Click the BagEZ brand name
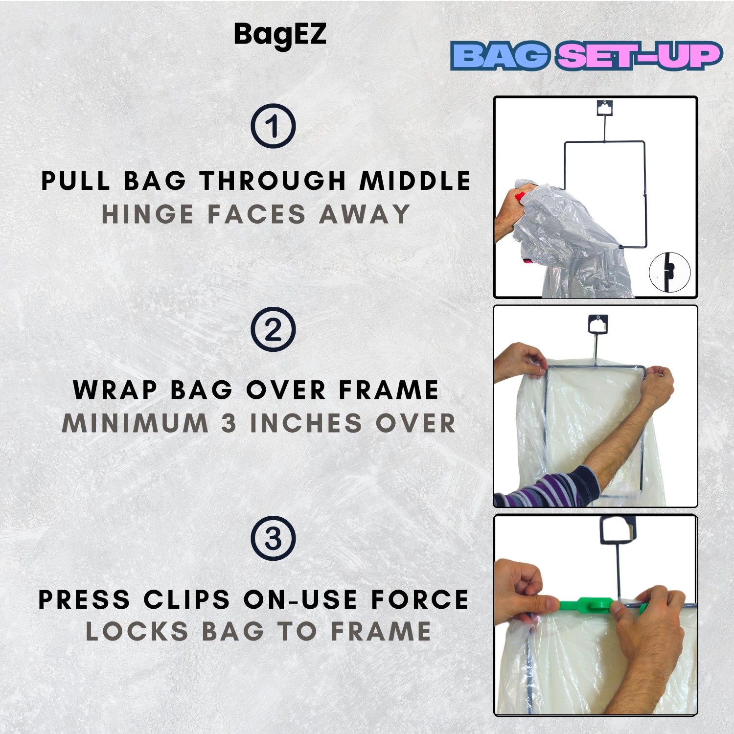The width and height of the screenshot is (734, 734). point(280,35)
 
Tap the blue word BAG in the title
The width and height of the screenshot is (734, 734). point(501,56)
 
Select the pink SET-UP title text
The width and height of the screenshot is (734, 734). point(639,56)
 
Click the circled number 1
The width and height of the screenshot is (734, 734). point(273,126)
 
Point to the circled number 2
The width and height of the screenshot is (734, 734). point(273,329)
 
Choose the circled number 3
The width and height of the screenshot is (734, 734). point(273,538)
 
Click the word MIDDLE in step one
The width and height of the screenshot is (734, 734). point(415,181)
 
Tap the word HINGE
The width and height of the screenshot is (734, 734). point(147,214)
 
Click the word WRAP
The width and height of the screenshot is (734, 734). point(115,390)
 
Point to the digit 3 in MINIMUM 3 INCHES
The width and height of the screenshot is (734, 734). point(229,423)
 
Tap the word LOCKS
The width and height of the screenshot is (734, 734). point(137,631)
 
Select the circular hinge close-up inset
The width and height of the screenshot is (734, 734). point(669,272)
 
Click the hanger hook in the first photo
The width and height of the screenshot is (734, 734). point(605,108)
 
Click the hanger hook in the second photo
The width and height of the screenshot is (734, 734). point(597,324)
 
